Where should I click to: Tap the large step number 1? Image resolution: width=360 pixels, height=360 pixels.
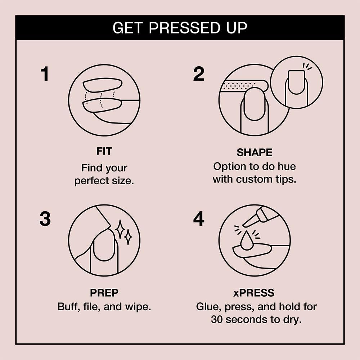click(45, 75)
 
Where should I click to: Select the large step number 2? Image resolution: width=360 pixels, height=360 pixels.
click(199, 74)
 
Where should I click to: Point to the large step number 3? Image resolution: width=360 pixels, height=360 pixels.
click(45, 219)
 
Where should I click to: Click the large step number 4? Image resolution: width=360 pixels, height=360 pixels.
click(199, 219)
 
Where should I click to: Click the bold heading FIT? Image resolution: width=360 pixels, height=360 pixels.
click(104, 152)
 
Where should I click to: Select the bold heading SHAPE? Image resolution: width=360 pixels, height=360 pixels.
click(254, 153)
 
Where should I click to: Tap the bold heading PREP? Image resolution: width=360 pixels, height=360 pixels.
click(104, 293)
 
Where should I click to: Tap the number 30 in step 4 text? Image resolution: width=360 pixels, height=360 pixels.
click(217, 319)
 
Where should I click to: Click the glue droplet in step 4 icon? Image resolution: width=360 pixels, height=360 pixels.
click(246, 242)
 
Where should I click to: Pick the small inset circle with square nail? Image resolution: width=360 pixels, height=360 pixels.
click(296, 82)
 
